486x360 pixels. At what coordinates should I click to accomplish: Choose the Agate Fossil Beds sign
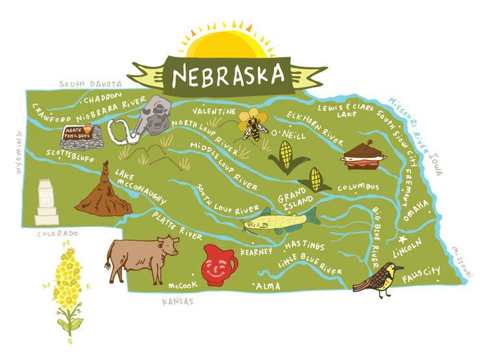[x=76, y=134]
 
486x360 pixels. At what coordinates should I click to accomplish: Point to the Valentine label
[x=214, y=112]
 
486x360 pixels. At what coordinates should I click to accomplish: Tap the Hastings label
[x=304, y=246]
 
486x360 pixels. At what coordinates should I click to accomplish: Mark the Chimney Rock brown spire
[x=102, y=191]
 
